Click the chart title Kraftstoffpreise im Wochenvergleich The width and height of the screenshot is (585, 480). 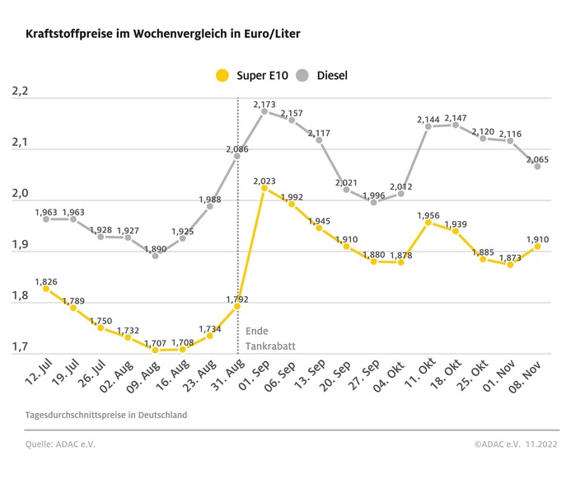click(161, 35)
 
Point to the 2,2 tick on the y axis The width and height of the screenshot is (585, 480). click(20, 92)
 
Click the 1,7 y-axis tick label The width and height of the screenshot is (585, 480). click(20, 347)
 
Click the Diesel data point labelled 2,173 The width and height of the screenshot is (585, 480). click(264, 112)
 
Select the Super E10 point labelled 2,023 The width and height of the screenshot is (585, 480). click(264, 188)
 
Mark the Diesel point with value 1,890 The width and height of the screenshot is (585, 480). click(155, 256)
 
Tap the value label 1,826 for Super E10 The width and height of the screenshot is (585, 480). click(46, 282)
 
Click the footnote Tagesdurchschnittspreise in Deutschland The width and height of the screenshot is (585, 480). click(106, 415)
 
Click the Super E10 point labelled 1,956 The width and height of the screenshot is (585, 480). click(428, 223)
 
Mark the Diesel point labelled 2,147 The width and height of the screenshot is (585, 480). click(456, 125)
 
